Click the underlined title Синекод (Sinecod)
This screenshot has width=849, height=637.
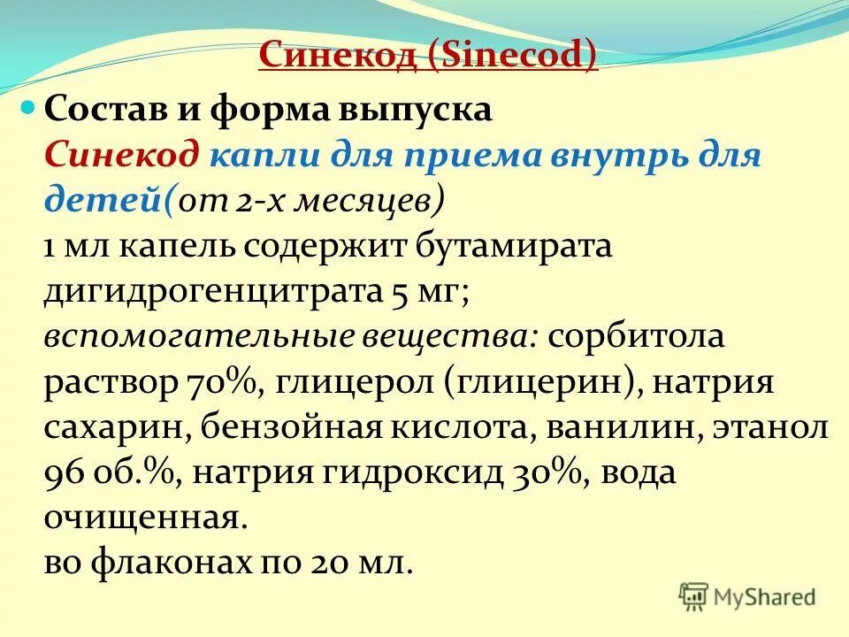point(428,57)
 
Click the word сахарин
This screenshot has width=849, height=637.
point(111,428)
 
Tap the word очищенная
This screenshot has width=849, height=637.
point(141,518)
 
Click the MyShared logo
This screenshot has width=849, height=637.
point(748,596)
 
